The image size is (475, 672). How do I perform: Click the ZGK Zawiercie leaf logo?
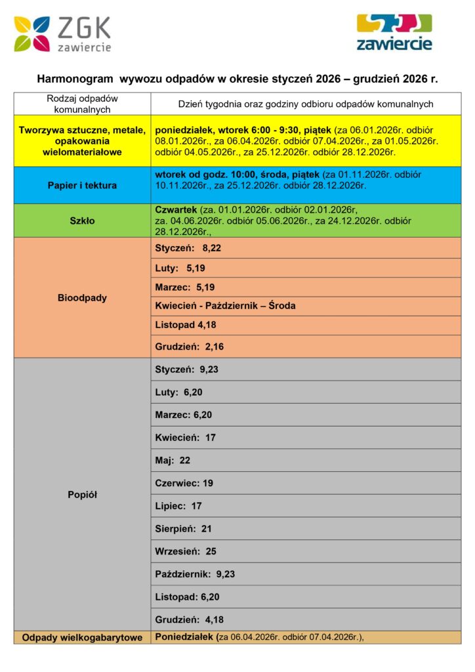tap(32, 34)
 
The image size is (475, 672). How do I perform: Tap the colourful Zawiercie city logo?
tap(394, 32)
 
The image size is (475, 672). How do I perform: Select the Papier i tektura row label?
tap(82, 185)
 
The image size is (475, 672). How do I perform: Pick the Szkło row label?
tap(82, 220)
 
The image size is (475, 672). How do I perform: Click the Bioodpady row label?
tap(82, 297)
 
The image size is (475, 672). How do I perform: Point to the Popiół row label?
tap(82, 495)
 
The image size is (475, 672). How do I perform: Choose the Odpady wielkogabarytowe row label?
tap(82, 637)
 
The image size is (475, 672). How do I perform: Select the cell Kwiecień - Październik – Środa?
tap(225, 306)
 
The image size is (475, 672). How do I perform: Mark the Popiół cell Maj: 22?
tap(173, 460)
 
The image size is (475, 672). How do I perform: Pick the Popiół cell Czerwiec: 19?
tap(184, 483)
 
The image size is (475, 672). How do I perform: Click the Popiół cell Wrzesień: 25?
tap(186, 551)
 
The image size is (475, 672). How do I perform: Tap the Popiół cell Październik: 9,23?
tap(195, 574)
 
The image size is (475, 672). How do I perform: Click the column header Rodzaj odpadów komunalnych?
tap(82, 104)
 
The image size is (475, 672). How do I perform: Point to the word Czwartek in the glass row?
tap(176, 209)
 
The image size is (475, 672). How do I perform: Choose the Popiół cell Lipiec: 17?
tap(178, 506)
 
